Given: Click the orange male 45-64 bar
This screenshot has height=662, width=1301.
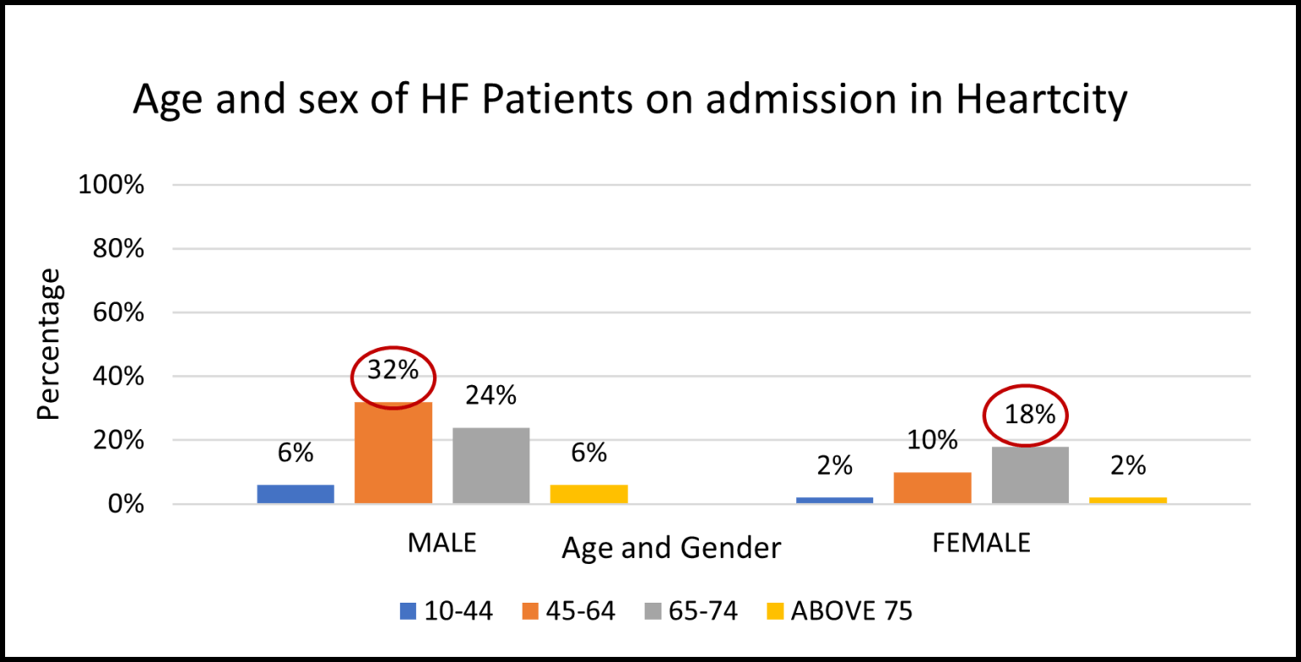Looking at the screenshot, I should tap(393, 453).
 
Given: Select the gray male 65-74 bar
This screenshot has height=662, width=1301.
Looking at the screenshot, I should tap(490, 466).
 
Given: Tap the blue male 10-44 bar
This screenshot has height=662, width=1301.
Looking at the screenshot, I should tap(296, 494).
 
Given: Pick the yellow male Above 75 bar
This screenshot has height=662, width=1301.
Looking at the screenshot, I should tap(589, 494).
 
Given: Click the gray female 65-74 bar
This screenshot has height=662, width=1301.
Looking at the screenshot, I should tap(1030, 475).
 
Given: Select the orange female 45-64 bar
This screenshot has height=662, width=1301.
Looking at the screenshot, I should tap(932, 488).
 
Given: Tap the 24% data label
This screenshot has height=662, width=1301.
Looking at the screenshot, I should tap(490, 395).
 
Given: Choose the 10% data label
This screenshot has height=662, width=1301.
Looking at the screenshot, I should tap(932, 440).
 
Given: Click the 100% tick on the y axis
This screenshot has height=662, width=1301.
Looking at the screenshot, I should tap(112, 185).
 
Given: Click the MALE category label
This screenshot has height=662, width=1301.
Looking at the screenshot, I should tap(441, 543).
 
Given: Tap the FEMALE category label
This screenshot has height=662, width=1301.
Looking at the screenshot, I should tap(981, 543).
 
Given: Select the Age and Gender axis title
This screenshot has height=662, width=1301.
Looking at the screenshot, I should tap(671, 549).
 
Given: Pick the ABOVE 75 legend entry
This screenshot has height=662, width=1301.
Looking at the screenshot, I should tap(851, 610).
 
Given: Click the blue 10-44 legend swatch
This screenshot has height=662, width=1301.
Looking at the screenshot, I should tap(408, 610).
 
